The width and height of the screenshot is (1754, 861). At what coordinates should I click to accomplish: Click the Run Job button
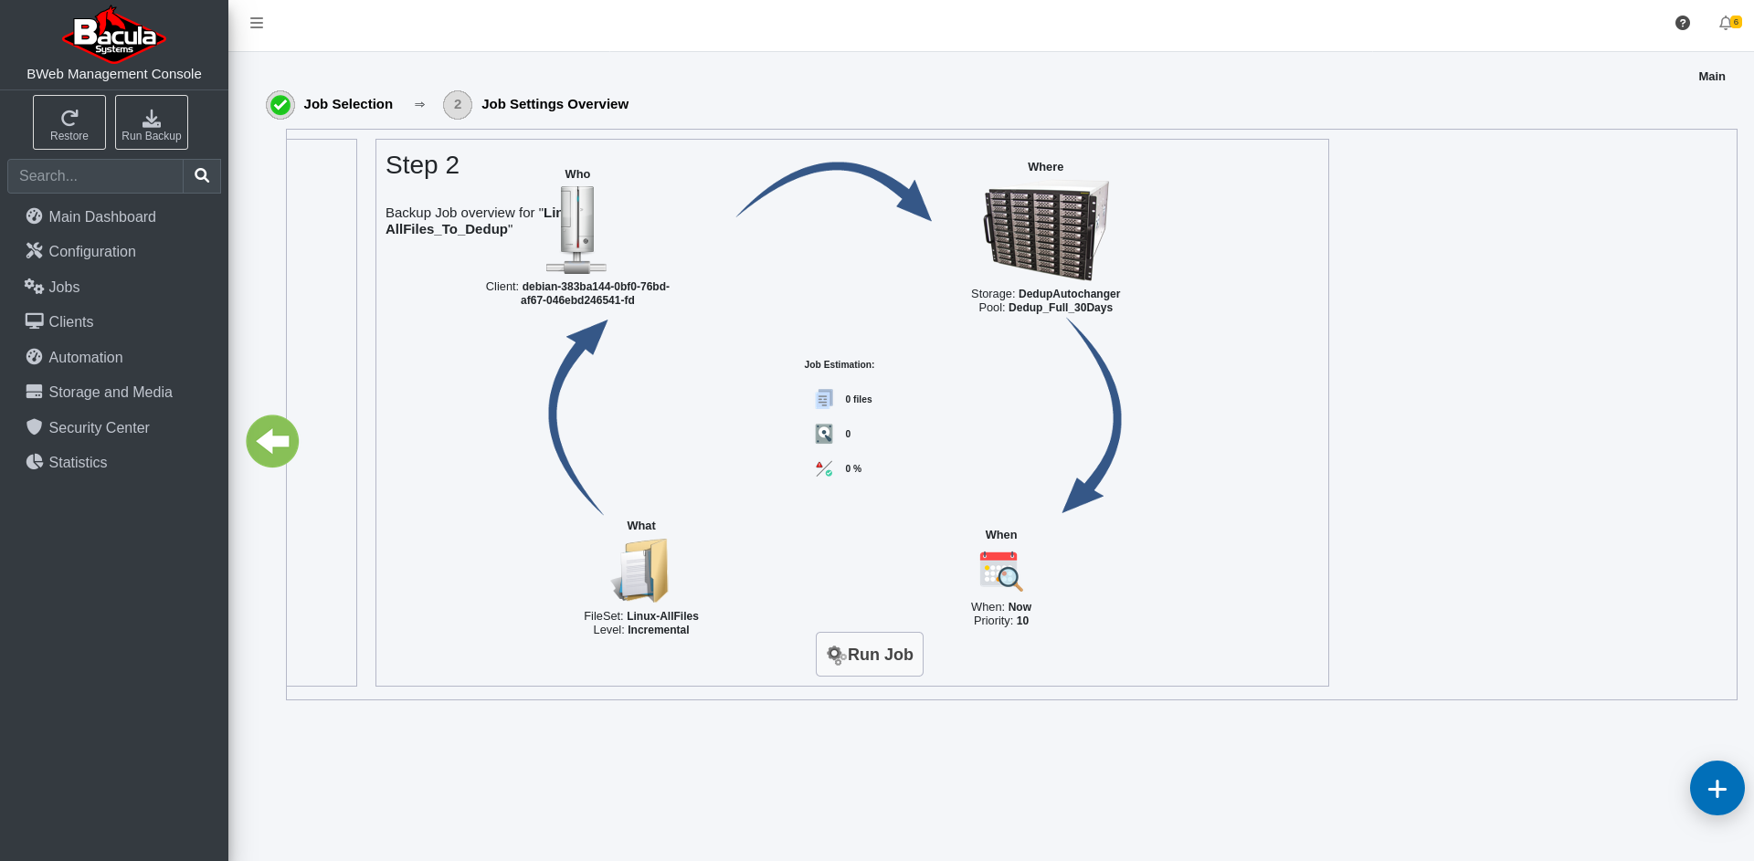[x=869, y=654]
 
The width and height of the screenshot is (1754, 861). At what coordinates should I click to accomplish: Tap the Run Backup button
[x=152, y=122]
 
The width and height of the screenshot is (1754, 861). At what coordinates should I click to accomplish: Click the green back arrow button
[x=272, y=441]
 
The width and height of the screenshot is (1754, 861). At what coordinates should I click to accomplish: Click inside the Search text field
[x=96, y=175]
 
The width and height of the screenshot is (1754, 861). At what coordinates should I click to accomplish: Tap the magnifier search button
[x=202, y=175]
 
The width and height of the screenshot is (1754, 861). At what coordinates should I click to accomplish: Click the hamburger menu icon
[x=257, y=23]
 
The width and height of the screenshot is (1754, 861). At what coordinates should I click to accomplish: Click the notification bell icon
[x=1726, y=23]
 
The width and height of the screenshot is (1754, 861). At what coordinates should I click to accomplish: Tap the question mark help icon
[x=1683, y=23]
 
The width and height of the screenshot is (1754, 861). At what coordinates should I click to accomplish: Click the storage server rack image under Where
[x=1046, y=230]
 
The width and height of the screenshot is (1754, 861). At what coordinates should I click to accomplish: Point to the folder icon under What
[x=640, y=570]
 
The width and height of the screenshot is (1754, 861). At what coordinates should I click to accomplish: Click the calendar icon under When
[x=1001, y=572]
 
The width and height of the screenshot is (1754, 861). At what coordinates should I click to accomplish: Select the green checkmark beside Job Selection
[x=280, y=105]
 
